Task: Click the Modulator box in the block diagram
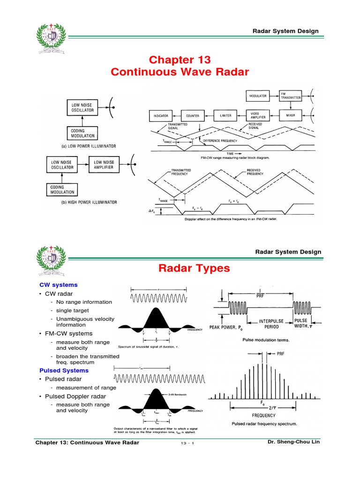(x=258, y=96)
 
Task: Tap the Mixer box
(x=291, y=115)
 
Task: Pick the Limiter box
(x=226, y=115)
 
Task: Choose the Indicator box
(x=161, y=115)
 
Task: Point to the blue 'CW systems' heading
(x=59, y=285)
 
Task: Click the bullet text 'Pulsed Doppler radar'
(x=76, y=397)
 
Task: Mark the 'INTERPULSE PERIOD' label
(x=269, y=324)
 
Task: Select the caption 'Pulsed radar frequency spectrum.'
(x=264, y=424)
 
